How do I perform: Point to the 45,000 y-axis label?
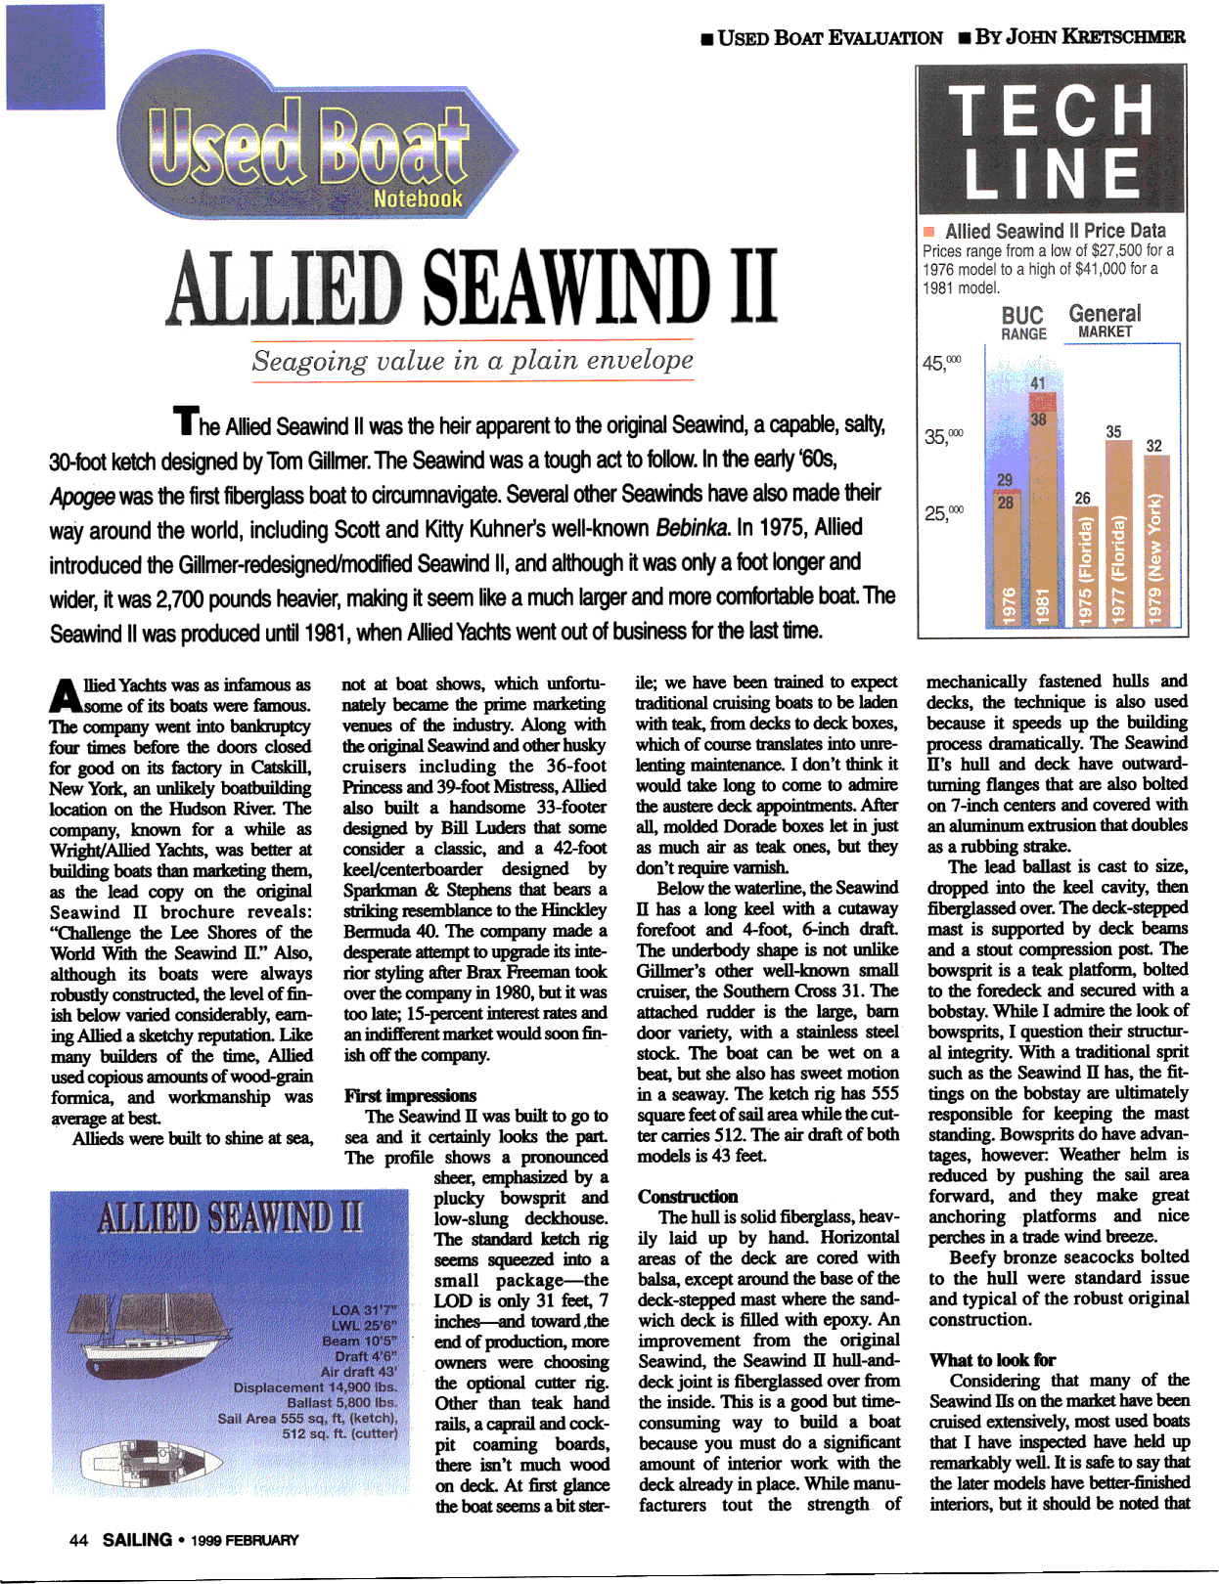tap(941, 363)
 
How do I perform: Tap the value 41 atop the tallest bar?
tap(1038, 383)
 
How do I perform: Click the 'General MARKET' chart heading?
tap(1105, 321)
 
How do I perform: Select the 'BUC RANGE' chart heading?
tap(1022, 323)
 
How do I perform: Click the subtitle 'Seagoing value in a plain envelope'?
tap(473, 360)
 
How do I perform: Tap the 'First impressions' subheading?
tap(410, 1095)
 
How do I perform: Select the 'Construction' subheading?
tap(688, 1196)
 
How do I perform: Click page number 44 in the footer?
tap(78, 1540)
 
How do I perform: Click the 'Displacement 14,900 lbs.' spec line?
tap(315, 1386)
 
